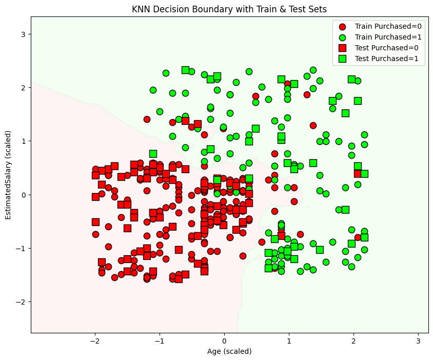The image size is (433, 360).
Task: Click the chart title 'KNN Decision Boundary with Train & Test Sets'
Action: coord(229,9)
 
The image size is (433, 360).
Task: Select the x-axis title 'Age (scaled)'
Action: coord(229,352)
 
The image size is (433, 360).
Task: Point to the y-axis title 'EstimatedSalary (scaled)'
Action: coord(9,175)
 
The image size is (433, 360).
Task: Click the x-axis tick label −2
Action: coord(94,341)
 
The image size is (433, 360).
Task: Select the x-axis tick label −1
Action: coord(159,341)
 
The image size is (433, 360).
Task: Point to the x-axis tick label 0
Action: coord(224,341)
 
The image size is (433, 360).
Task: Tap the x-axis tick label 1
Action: coord(289,341)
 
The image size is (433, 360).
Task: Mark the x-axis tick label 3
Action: coord(418,341)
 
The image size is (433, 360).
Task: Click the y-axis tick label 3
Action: coord(23,34)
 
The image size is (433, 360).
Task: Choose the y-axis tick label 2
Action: coord(23,87)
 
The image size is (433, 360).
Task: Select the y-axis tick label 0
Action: coord(23,195)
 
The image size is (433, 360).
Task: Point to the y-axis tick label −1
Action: coord(21,248)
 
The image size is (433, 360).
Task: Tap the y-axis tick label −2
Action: coord(21,301)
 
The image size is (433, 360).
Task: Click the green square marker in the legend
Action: coord(342,59)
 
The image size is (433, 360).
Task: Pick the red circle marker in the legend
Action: coord(342,26)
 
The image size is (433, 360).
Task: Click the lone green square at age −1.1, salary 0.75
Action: coord(153,154)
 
